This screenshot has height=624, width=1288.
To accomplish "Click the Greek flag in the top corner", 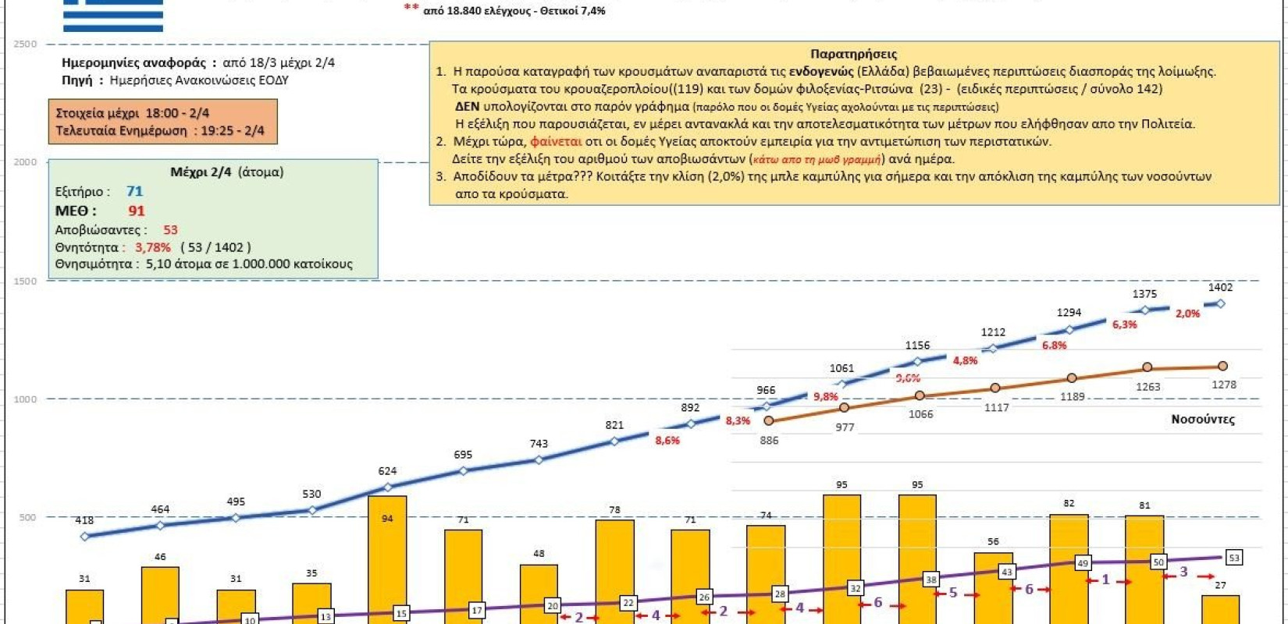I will click(113, 16).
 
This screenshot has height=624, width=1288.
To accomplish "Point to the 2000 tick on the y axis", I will click(25, 162).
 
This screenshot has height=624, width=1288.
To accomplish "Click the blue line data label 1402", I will click(1220, 288).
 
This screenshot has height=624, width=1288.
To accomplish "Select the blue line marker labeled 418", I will click(84, 536).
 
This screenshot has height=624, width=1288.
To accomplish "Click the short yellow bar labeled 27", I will click(1220, 609).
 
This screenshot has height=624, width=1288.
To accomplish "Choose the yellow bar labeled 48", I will click(539, 594).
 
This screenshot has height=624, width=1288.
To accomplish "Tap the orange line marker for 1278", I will click(1222, 366).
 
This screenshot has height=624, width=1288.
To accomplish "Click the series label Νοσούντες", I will click(1202, 420).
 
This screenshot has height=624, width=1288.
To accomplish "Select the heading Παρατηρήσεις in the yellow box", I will click(853, 54).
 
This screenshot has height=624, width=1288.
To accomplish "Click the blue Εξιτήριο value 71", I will click(134, 191).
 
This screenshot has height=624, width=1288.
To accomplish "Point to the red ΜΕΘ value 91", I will click(137, 211).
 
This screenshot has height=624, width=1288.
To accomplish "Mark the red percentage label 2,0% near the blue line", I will click(1187, 314).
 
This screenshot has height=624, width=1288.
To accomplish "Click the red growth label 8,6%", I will click(667, 441).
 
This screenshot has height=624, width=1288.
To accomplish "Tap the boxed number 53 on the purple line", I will click(1233, 558).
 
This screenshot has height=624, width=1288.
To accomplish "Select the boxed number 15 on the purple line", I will click(401, 613).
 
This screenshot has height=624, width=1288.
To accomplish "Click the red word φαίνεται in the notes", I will click(556, 141).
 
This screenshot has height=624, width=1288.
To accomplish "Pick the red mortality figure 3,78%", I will click(153, 247).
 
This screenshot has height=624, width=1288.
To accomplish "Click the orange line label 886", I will click(769, 441).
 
